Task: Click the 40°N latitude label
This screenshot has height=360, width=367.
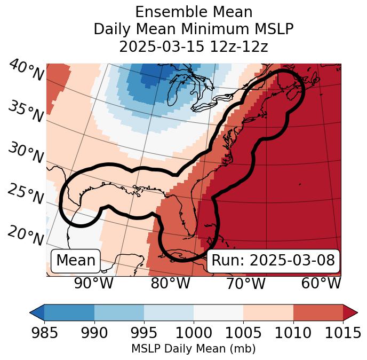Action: tap(25, 71)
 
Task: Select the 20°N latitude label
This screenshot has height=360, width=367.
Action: tap(25, 235)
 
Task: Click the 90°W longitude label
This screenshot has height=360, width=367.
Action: tap(94, 283)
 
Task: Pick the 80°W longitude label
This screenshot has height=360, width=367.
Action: tap(170, 283)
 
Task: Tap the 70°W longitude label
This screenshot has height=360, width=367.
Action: tap(246, 283)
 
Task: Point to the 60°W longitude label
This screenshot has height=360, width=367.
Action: tap(321, 283)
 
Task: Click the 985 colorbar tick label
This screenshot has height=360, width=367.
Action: tap(44, 333)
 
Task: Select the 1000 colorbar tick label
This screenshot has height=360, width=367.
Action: tap(193, 333)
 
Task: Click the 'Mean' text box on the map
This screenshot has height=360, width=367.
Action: tap(76, 261)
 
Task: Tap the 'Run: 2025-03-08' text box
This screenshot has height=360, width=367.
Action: tap(273, 261)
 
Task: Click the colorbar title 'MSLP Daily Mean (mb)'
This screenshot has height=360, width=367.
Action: tap(193, 349)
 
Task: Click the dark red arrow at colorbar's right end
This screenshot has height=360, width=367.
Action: tap(350, 312)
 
